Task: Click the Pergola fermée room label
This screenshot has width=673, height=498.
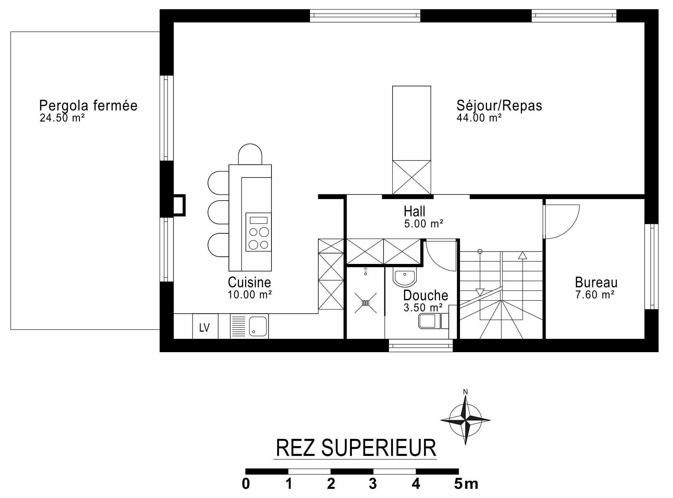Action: [88, 106]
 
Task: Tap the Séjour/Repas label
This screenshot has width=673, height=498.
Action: [499, 106]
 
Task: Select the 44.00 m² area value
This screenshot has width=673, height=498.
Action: [479, 118]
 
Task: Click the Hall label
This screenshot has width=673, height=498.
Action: [415, 211]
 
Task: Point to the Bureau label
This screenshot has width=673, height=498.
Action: [596, 282]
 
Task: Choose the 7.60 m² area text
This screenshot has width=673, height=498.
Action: [595, 295]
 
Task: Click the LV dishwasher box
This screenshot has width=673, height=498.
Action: [205, 326]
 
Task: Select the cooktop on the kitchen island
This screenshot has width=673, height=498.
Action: [258, 232]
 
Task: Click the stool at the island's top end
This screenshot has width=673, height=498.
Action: [250, 154]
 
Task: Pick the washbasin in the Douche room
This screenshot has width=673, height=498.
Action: [404, 277]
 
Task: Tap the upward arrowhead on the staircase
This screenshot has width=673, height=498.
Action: [522, 255]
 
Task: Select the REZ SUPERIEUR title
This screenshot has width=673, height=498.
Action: [356, 448]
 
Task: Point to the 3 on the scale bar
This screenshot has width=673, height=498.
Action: [373, 484]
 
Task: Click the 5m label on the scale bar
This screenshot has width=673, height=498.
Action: [466, 484]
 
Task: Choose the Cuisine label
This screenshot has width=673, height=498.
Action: [249, 282]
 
